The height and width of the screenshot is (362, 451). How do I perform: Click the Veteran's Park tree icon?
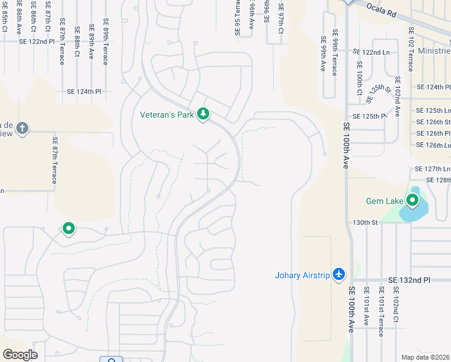pos(203,114)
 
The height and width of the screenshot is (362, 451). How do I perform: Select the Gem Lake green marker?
pos(413,200)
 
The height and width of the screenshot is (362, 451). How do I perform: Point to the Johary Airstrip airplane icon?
pos(339,275)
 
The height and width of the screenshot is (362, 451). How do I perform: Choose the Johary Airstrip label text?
pos(302,276)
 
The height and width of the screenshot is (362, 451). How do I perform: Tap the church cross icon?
pos(22,129)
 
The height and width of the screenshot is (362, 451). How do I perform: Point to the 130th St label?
pos(365,223)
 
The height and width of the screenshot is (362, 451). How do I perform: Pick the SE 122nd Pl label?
pos(36,42)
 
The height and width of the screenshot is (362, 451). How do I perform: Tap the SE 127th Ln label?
pos(432,169)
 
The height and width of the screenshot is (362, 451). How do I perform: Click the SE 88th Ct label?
pos(77,42)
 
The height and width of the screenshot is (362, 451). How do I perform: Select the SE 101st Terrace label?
pos(380,312)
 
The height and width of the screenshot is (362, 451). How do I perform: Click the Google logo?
pos(20,355)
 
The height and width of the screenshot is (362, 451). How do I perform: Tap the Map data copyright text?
pos(425,357)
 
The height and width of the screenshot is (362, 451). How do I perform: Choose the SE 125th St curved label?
pos(380,95)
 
